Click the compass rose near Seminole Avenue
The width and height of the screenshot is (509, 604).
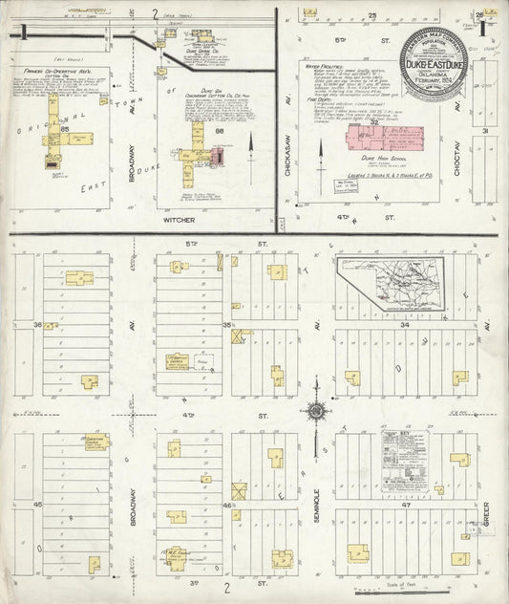pyautogui.click(x=316, y=412)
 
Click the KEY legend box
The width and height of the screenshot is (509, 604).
pyautogui.click(x=412, y=461)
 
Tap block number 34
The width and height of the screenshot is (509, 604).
pyautogui.click(x=405, y=326)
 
